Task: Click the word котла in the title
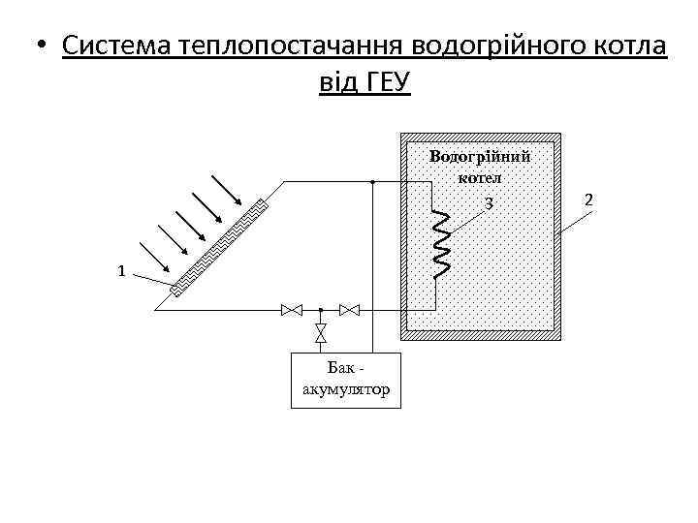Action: point(630,46)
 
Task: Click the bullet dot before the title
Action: point(38,46)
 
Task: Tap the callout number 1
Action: point(120,271)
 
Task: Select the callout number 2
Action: point(587,200)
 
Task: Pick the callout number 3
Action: point(490,203)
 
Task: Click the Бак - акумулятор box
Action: point(346,379)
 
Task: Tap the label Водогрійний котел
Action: point(480,166)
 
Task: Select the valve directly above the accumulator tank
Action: point(320,333)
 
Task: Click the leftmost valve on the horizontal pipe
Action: point(291,310)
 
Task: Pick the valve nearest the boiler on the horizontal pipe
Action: point(350,310)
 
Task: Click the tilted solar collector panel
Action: point(220,246)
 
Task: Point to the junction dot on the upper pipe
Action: point(372,182)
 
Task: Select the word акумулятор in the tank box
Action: point(346,389)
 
